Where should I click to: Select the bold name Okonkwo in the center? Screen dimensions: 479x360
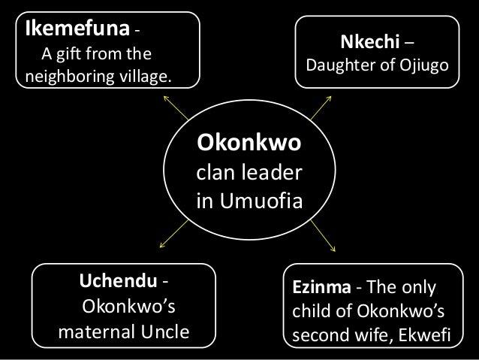click(249, 142)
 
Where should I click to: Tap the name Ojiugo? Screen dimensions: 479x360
click(423, 68)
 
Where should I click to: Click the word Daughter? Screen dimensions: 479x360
click(339, 68)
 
